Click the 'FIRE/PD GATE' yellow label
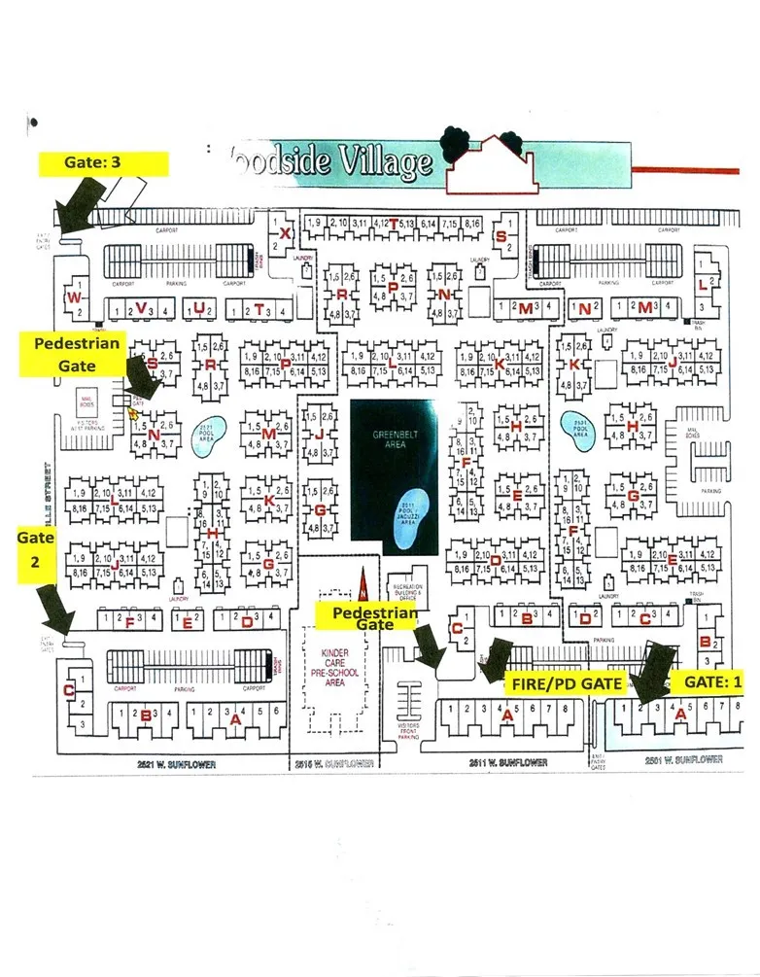coord(566,683)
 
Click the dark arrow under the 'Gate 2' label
coord(55,612)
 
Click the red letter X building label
coord(285,234)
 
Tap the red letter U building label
coord(198,309)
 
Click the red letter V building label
coord(142,309)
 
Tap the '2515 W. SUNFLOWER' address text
coord(333,764)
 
